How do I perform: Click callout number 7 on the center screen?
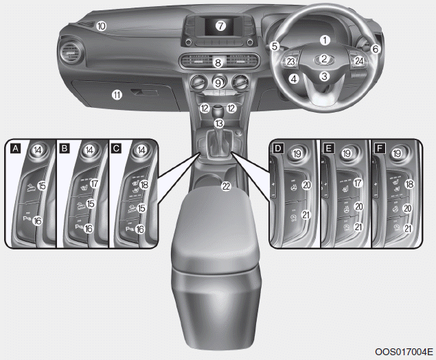(221, 26)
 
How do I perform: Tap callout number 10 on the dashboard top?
(101, 26)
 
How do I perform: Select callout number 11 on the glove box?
(117, 95)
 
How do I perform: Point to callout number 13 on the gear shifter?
(219, 123)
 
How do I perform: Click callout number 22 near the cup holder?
(227, 186)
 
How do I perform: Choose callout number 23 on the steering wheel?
(291, 61)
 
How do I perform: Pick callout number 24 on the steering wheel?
(359, 61)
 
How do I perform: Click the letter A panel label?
(16, 148)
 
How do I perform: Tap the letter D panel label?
(278, 148)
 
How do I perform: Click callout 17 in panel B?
(95, 183)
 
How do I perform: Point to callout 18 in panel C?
(144, 185)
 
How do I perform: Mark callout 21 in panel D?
(306, 214)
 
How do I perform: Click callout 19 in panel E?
(347, 153)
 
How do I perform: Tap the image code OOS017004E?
(404, 352)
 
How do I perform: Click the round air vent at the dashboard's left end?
(71, 51)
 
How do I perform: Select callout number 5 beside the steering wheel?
(275, 46)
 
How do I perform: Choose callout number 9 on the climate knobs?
(218, 83)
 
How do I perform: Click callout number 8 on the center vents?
(218, 63)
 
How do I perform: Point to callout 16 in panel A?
(37, 221)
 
